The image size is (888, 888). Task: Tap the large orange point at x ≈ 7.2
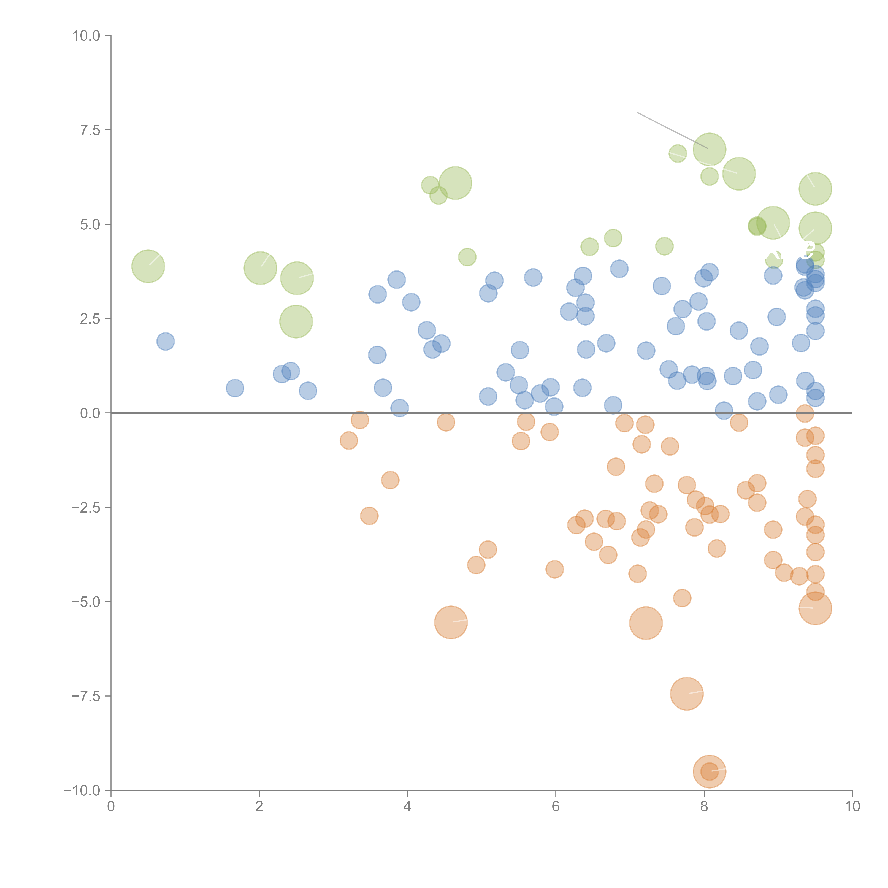point(646,623)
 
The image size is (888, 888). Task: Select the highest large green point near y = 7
point(709,149)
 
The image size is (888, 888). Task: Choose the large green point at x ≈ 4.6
point(456,183)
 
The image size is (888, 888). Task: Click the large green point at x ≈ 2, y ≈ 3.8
point(260,268)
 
